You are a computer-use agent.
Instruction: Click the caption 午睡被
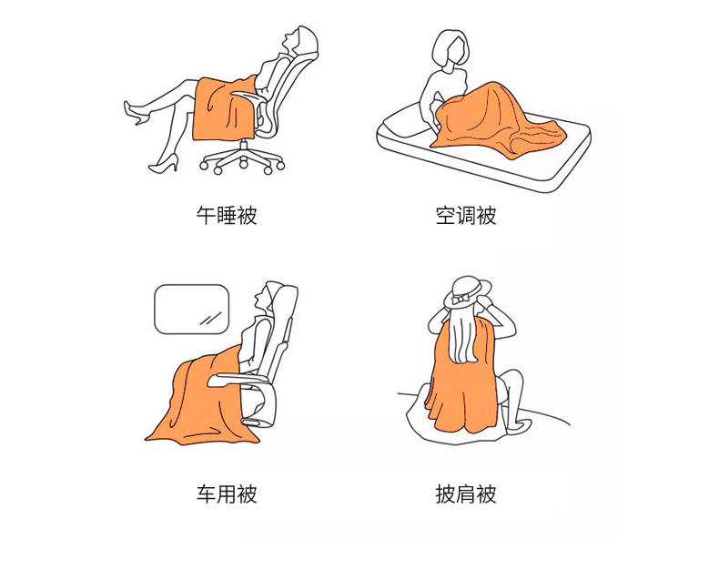(227, 215)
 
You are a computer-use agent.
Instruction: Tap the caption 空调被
(466, 215)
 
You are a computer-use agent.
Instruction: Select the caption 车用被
(227, 494)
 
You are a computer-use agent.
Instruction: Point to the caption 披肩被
(466, 494)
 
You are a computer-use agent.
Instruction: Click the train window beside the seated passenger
(191, 309)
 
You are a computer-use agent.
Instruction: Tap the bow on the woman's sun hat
(460, 299)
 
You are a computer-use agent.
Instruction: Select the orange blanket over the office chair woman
(225, 107)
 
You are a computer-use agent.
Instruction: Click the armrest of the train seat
(238, 380)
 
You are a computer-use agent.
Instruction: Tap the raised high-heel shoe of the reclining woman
(134, 112)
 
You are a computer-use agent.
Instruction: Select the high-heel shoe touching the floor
(164, 164)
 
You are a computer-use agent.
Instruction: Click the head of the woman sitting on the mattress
(451, 48)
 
